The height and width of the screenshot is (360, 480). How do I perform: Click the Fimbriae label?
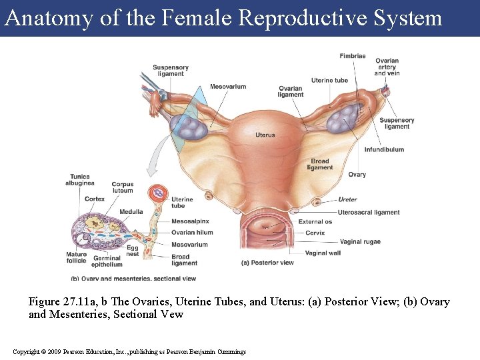(x=352, y=56)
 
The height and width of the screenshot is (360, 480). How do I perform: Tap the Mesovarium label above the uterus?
(x=228, y=87)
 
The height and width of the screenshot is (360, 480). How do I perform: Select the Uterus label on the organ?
(x=265, y=135)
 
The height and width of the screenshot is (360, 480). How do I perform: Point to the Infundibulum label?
(x=384, y=149)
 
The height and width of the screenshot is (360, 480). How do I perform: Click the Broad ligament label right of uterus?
(x=320, y=164)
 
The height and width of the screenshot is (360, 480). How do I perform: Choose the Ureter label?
(x=347, y=199)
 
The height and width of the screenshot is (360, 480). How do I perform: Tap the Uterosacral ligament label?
(x=369, y=212)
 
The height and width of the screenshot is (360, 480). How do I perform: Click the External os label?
(x=315, y=222)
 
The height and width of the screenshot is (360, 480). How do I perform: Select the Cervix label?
(x=315, y=233)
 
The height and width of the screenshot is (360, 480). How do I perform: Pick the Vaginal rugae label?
(x=360, y=241)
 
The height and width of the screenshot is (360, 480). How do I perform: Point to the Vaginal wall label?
(x=323, y=253)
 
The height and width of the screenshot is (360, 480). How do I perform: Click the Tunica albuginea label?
(x=80, y=179)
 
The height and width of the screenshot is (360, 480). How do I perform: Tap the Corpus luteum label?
(x=123, y=187)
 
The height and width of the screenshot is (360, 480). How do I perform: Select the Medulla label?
(x=131, y=212)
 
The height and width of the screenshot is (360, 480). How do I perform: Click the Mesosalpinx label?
(x=190, y=221)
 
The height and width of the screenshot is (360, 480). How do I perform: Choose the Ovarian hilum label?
(x=192, y=233)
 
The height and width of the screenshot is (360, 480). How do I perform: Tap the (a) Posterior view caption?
(x=267, y=263)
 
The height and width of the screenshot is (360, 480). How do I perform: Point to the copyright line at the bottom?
(x=129, y=351)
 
